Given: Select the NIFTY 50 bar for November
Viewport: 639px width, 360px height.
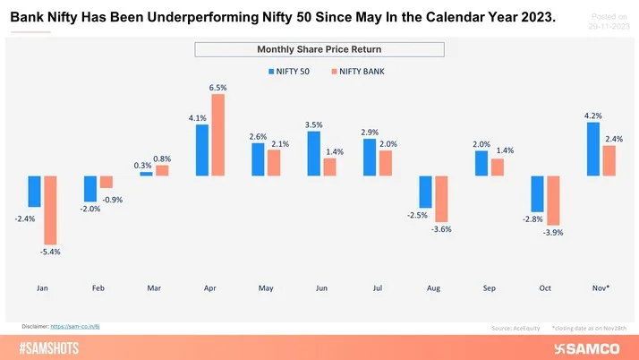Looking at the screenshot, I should (592, 149).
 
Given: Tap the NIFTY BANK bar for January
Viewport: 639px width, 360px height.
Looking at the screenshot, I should (50, 210).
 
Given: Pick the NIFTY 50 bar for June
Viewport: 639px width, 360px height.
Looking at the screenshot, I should (313, 154).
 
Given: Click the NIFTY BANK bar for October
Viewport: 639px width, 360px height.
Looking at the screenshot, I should (553, 201).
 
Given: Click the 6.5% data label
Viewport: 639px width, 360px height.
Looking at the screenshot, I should (218, 88).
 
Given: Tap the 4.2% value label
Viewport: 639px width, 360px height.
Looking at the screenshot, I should (592, 116).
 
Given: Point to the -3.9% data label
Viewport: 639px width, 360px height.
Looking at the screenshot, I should (553, 233).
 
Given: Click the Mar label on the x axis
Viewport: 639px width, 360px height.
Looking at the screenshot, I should (154, 289).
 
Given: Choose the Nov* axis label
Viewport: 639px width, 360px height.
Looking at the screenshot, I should (601, 289).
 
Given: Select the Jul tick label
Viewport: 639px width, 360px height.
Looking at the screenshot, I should (378, 289).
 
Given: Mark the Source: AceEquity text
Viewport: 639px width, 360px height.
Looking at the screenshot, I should (514, 329).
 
